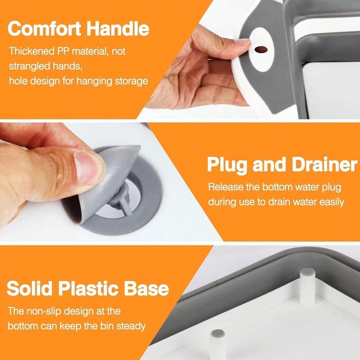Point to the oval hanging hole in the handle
261,50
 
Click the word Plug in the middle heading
227,166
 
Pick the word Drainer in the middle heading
324,166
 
